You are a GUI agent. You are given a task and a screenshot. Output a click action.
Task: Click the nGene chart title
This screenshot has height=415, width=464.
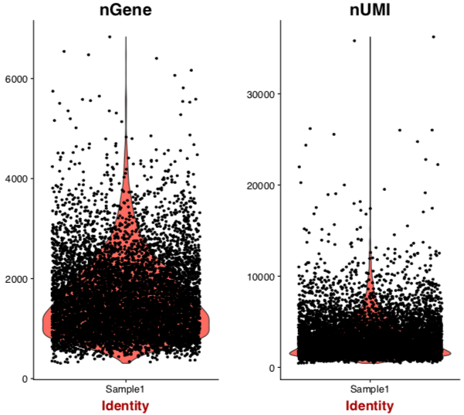126,11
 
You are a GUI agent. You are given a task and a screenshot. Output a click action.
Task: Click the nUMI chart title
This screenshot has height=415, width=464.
370,11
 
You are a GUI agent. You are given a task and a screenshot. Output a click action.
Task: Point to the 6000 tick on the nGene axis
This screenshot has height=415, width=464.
17,79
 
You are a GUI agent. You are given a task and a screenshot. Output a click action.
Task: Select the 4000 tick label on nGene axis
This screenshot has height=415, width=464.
17,179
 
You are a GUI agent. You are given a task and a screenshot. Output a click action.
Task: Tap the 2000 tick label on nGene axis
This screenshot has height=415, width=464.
17,278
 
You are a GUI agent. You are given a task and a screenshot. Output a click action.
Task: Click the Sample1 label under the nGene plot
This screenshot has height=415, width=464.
126,389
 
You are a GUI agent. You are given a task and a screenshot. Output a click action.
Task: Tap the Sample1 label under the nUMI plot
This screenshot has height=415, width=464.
370,389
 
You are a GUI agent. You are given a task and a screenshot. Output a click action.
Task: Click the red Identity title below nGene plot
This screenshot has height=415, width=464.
126,406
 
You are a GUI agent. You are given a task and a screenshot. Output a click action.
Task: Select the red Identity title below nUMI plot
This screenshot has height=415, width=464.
370,406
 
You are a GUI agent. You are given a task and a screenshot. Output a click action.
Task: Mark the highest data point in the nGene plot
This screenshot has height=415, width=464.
110,36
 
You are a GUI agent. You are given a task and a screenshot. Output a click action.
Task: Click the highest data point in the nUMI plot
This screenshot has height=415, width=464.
433,36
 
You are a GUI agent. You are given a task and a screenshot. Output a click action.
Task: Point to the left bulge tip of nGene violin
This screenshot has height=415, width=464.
43,318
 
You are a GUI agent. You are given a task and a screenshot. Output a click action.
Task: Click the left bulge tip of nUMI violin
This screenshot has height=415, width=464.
290,352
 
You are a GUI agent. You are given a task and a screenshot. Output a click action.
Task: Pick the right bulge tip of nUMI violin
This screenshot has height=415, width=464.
450,352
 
